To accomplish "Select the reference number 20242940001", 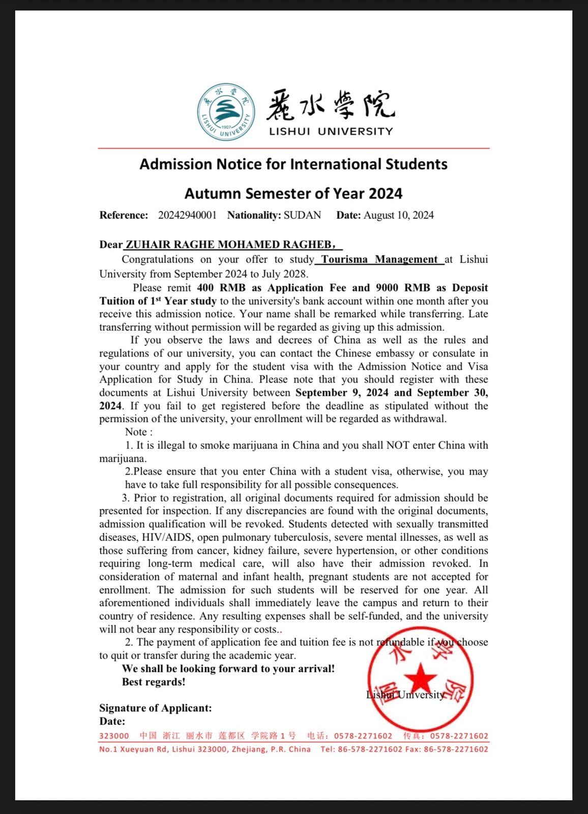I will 187,215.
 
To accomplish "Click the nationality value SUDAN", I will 302,215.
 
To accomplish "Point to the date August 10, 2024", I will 398,215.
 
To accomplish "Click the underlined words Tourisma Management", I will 379,259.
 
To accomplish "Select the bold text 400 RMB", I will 221,288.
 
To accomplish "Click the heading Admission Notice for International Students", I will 293,164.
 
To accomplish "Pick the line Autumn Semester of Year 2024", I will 293,194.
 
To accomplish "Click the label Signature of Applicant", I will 155,708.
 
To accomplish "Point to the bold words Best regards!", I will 154,682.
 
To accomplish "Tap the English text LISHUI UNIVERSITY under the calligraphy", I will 331,132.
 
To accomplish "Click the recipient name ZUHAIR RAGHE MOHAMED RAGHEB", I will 228,245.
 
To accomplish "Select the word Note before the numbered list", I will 136,432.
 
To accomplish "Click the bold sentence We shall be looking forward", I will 228,669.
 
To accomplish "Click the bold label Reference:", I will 124,215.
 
